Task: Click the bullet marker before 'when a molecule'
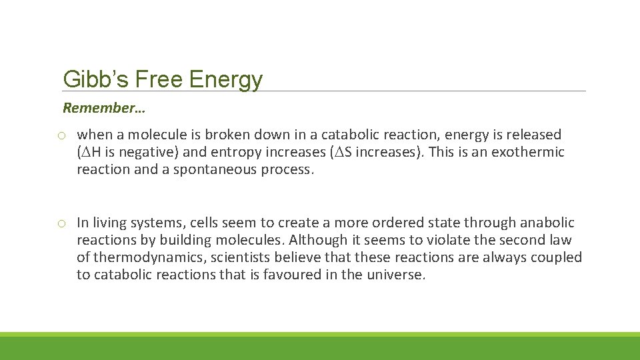tap(61, 135)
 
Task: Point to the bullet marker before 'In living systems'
tap(61, 223)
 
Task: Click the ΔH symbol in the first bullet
tap(88, 152)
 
